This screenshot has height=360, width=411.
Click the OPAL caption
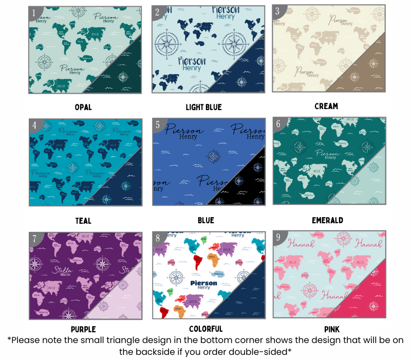(83, 107)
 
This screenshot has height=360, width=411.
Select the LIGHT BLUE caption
(203, 107)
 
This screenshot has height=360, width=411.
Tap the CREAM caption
(326, 106)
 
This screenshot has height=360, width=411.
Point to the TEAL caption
(83, 221)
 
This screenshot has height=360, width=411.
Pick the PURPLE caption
(83, 329)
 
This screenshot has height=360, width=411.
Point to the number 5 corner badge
(157, 124)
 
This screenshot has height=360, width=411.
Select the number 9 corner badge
(278, 238)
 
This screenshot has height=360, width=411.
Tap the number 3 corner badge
(278, 11)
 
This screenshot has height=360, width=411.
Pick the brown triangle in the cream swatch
(365, 72)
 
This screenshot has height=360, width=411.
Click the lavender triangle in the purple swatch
(122, 298)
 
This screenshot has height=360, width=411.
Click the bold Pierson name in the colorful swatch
(204, 283)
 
